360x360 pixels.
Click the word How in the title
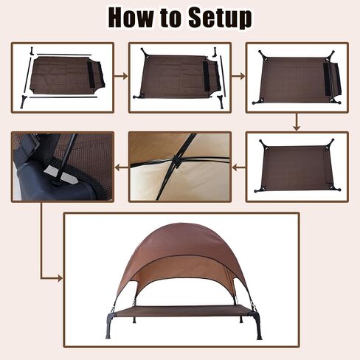pyautogui.click(x=131, y=18)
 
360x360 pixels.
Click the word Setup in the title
pyautogui.click(x=220, y=18)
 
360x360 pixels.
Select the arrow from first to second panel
pyautogui.click(x=121, y=77)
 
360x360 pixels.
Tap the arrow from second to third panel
pyautogui.click(x=238, y=77)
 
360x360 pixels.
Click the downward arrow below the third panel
pyautogui.click(x=297, y=122)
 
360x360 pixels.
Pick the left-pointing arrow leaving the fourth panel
pyautogui.click(x=239, y=168)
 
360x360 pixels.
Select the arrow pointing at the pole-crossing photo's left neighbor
pyautogui.click(x=122, y=168)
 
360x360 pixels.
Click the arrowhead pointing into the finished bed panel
pyautogui.click(x=60, y=279)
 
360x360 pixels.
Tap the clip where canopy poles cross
pyautogui.click(x=176, y=162)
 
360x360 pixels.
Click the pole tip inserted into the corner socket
pyautogui.click(x=58, y=181)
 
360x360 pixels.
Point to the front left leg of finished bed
pyautogui.click(x=109, y=325)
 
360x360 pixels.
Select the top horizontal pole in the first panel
pyautogui.click(x=64, y=55)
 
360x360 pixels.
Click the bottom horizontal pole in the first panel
pyautogui.click(x=63, y=97)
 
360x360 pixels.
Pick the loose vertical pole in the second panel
pyautogui.click(x=223, y=76)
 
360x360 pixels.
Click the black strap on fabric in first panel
pyautogui.click(x=91, y=74)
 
